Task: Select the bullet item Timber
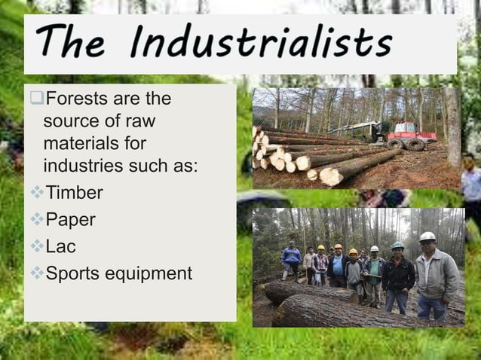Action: click(74, 193)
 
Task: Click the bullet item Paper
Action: click(72, 220)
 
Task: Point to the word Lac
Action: click(61, 246)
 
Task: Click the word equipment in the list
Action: click(151, 273)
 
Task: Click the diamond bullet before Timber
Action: click(38, 194)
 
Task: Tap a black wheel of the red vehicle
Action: click(415, 144)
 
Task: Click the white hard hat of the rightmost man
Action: click(427, 236)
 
